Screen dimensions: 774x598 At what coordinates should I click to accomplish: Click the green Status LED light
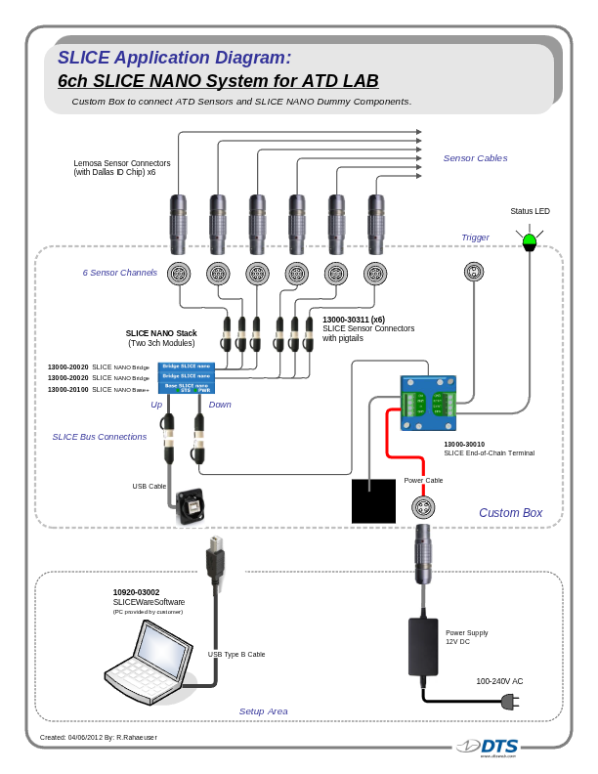pos(530,240)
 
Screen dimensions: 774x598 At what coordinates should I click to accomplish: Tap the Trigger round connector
pos(474,273)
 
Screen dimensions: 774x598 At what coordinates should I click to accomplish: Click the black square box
pos(373,500)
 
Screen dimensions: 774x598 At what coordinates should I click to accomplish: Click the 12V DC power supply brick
pos(423,646)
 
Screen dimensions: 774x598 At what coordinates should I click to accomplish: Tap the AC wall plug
pos(507,701)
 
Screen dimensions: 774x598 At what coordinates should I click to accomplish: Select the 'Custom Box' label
pos(510,513)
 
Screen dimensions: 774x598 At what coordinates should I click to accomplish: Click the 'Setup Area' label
pos(263,711)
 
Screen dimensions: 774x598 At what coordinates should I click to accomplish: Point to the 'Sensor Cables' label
pos(475,158)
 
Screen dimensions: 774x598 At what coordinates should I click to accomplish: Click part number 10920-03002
pos(136,592)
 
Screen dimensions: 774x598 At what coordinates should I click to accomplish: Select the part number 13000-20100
pos(68,390)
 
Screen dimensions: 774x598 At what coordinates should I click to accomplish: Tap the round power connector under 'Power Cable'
pos(422,506)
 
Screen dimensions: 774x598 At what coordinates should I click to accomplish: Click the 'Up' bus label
pos(156,405)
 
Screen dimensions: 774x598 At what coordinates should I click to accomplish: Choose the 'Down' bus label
pos(220,405)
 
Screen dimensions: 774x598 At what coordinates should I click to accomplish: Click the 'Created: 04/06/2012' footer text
pos(98,737)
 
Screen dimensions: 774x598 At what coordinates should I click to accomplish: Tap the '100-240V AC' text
pos(499,681)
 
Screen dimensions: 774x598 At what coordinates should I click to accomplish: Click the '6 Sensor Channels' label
pos(119,273)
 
